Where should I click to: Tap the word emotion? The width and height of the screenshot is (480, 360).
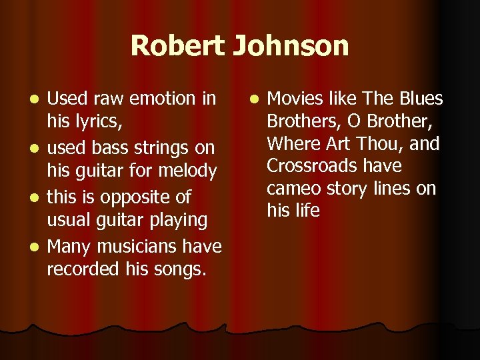162,99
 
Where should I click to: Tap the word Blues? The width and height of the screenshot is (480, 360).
421,99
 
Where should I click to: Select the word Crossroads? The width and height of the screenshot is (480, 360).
315,166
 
